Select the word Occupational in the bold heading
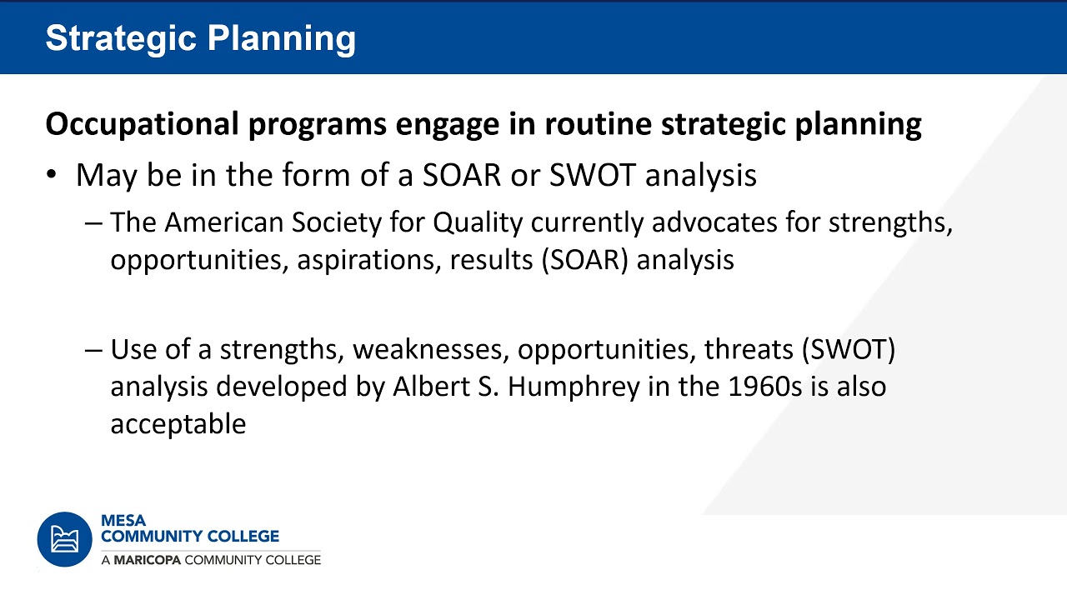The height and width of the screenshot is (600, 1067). [142, 124]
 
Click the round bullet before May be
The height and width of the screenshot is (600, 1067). [53, 176]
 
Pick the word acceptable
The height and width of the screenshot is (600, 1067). [178, 423]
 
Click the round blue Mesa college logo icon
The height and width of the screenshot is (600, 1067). [64, 539]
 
